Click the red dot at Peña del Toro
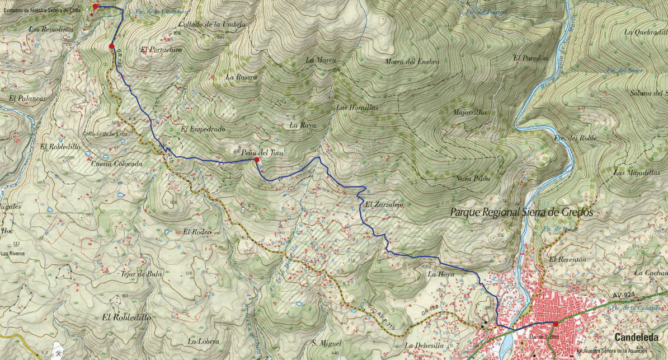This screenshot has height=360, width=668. point(256,160)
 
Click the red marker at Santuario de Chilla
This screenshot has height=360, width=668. point(96,6)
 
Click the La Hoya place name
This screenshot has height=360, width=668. point(440,275)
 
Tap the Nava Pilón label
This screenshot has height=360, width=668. point(473,179)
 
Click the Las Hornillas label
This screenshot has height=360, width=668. point(357,107)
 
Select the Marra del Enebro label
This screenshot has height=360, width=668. point(412,62)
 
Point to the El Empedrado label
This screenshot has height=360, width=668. point(203,129)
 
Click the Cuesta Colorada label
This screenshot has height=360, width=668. point(116,164)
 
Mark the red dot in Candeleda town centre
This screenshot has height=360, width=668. point(556,324)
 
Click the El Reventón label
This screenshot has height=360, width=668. point(567,260)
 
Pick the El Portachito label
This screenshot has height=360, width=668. point(162,50)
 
